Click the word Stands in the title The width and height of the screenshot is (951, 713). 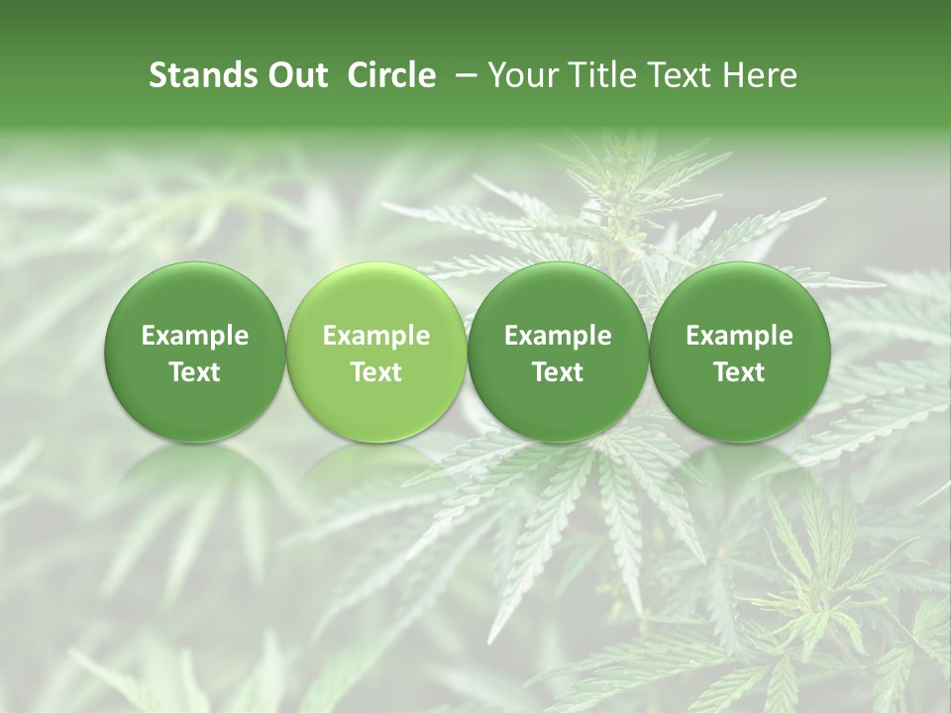click(193, 75)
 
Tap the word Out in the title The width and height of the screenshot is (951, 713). click(294, 75)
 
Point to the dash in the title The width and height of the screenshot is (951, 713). click(464, 75)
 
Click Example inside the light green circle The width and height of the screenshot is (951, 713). click(376, 336)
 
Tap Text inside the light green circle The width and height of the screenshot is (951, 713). click(376, 372)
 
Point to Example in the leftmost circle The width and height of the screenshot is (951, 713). click(195, 336)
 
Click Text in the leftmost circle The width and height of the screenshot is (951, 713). click(195, 372)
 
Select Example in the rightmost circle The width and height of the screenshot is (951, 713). click(739, 336)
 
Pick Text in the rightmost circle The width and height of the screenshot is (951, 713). click(739, 372)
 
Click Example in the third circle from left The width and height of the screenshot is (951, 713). click(558, 336)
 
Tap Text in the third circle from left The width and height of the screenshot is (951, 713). click(558, 372)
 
